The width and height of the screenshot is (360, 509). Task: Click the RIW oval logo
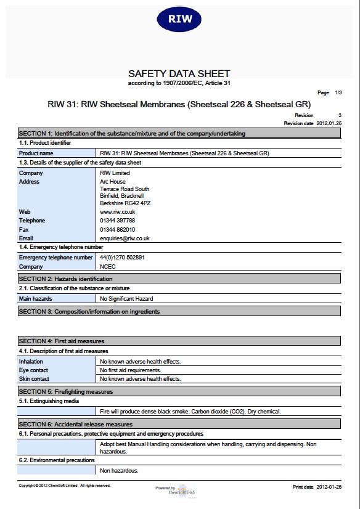(179, 18)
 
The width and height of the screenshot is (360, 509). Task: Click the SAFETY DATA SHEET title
(179, 74)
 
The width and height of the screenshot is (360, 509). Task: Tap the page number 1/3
(338, 92)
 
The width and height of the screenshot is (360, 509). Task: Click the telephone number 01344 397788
(117, 221)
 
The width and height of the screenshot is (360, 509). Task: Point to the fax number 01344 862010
(117, 229)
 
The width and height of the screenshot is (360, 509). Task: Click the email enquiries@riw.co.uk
(125, 238)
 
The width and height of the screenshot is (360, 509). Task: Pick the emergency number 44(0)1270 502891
(122, 258)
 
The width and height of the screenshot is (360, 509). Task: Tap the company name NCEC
(107, 267)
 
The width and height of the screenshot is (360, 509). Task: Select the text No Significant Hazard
(126, 299)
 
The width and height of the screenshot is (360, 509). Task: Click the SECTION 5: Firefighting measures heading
(66, 392)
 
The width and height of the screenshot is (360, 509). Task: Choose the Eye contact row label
(34, 370)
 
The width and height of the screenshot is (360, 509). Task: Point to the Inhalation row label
(31, 362)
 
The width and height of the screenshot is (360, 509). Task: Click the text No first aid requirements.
(131, 370)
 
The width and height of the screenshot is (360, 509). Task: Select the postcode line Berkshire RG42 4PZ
(125, 203)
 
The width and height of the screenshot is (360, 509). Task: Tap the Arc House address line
(112, 182)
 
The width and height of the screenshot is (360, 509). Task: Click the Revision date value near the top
(329, 123)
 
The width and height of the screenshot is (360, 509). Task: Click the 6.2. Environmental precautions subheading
(57, 460)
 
